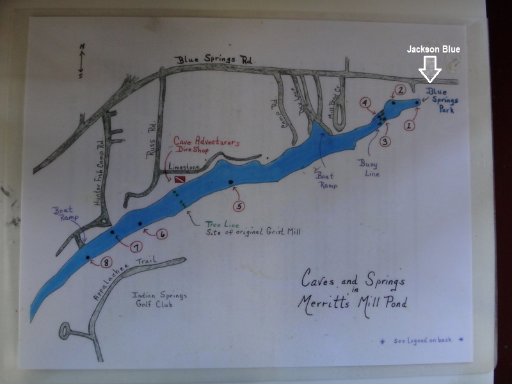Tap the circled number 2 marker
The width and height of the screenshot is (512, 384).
point(401,90)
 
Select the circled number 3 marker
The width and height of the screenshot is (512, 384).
point(385,141)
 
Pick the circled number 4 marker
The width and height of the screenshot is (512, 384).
point(365,102)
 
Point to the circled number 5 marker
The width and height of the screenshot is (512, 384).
point(239,206)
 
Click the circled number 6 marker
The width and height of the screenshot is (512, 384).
point(163,235)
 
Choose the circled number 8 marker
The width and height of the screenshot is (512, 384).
point(107,261)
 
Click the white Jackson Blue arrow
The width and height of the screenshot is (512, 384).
point(429,68)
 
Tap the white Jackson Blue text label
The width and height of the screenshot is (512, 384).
point(433,49)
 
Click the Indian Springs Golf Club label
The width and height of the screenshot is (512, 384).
point(154,300)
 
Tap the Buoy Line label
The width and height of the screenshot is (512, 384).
point(369,168)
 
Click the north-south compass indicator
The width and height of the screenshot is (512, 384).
point(82,60)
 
